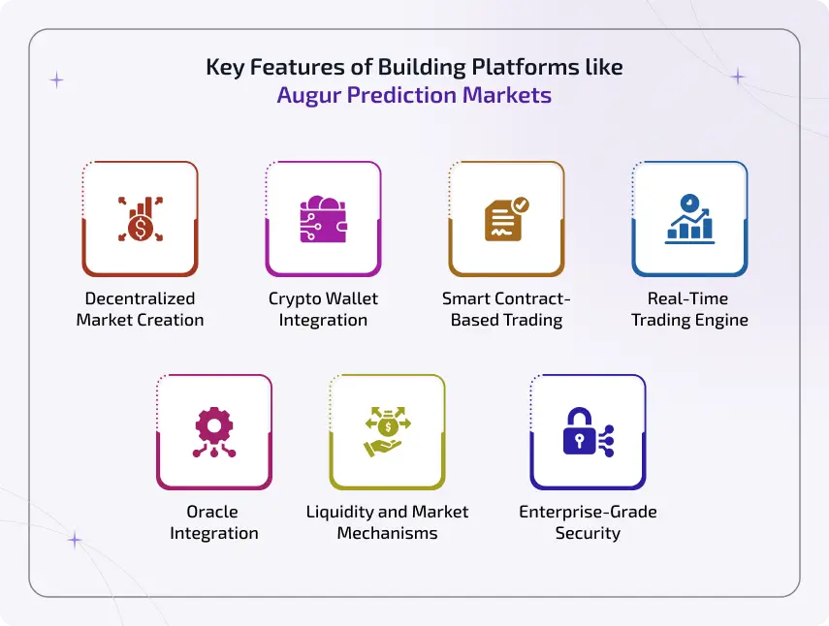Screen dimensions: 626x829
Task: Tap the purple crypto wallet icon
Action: coord(323,220)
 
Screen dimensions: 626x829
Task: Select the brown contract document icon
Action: coord(506,220)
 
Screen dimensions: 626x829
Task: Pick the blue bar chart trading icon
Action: coord(689,218)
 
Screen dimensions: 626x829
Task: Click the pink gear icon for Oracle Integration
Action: coord(213,431)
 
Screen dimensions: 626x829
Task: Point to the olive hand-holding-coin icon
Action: coord(387,432)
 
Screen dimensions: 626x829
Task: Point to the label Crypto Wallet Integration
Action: coord(323,309)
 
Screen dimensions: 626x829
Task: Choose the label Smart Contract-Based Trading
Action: coord(506,309)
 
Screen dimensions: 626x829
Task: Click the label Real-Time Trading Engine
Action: coord(689,309)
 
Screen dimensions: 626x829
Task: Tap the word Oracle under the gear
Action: coord(213,512)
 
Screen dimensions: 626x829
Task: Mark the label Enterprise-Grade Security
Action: coord(588,522)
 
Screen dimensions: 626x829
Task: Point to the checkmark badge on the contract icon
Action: coord(521,204)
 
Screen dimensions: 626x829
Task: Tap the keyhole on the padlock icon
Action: coord(579,439)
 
